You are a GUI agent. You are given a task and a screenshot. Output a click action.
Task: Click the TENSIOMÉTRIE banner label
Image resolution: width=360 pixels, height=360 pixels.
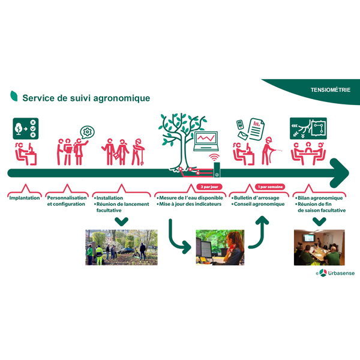point(331,90)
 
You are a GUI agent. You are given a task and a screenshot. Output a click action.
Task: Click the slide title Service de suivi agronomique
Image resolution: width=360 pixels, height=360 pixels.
point(86,98)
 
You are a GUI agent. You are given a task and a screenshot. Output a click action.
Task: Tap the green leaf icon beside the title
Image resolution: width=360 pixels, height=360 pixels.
point(14,96)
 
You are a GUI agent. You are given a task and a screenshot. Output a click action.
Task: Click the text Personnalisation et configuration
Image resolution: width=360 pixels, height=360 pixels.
point(66,201)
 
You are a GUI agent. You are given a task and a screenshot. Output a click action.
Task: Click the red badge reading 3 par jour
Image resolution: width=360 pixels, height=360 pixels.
point(211,187)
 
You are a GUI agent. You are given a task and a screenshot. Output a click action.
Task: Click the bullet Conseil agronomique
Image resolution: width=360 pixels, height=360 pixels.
point(259,205)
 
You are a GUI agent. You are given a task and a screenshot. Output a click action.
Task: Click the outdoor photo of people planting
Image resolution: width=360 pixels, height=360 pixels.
point(121,247)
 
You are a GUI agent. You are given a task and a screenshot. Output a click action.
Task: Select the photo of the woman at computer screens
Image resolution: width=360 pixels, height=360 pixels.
point(220,247)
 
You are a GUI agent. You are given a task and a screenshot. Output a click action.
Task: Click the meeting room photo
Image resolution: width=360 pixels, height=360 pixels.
point(319,247)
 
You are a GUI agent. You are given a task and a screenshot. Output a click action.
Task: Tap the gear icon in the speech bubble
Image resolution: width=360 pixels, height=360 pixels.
point(88,131)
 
